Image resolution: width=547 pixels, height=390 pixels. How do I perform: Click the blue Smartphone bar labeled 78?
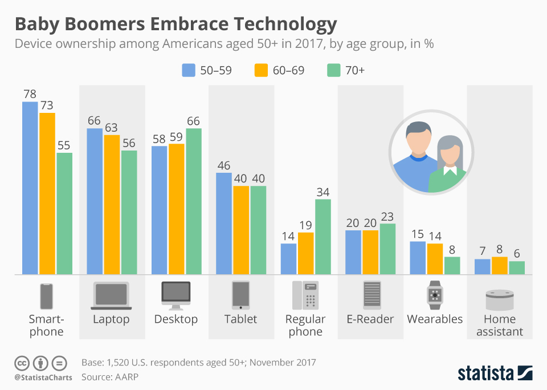pyautogui.click(x=30, y=188)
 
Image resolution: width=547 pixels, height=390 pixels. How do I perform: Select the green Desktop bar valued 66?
pyautogui.click(x=194, y=201)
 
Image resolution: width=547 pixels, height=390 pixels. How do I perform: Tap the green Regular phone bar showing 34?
pyautogui.click(x=323, y=237)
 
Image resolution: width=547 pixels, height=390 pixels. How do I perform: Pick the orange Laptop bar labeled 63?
pyautogui.click(x=112, y=205)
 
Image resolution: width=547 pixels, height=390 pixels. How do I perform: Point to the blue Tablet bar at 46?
pyautogui.click(x=224, y=224)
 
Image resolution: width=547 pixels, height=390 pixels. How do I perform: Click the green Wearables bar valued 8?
pyautogui.click(x=452, y=265)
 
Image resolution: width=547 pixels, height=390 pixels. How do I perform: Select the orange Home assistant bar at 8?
pyautogui.click(x=500, y=265)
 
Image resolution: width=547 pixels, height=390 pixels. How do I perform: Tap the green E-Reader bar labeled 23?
pyautogui.click(x=387, y=249)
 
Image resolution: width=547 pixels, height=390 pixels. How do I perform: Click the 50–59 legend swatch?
pyautogui.click(x=189, y=70)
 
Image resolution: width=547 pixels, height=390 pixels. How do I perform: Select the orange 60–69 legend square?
pyautogui.click(x=261, y=70)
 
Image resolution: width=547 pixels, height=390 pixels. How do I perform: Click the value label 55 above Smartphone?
pyautogui.click(x=64, y=144)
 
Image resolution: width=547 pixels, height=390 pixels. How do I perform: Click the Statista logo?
pyautogui.click(x=495, y=373)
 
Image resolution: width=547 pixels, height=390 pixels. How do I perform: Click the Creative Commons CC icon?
pyautogui.click(x=22, y=363)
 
